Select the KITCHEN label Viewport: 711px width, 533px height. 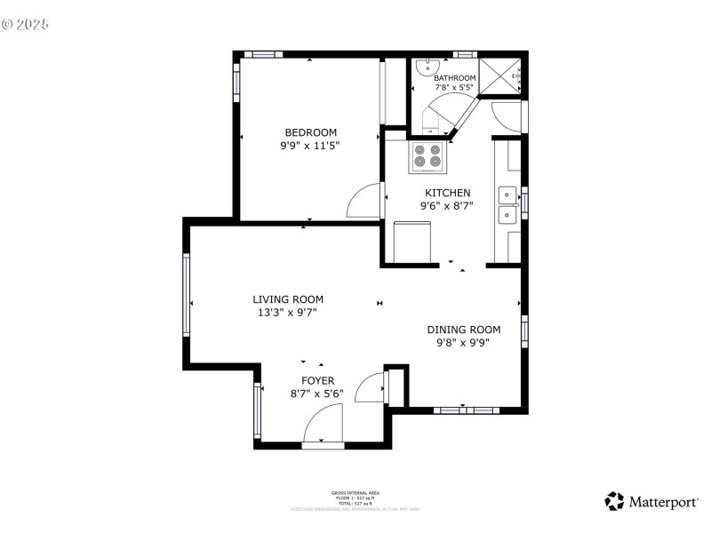pos(447,193)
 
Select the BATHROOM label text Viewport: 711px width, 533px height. pos(454,78)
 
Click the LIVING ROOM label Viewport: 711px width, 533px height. pos(288,299)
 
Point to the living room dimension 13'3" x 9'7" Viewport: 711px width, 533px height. pos(288,312)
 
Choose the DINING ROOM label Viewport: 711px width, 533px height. pos(463,330)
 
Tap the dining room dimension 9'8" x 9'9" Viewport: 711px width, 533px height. pos(463,342)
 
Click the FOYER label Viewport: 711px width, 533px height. pos(316,380)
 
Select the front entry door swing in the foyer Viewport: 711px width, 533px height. pos(324,424)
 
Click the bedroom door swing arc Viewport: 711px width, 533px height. pos(364,202)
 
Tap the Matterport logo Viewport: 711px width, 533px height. pos(651,502)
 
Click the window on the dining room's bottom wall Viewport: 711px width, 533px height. pos(466,410)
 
